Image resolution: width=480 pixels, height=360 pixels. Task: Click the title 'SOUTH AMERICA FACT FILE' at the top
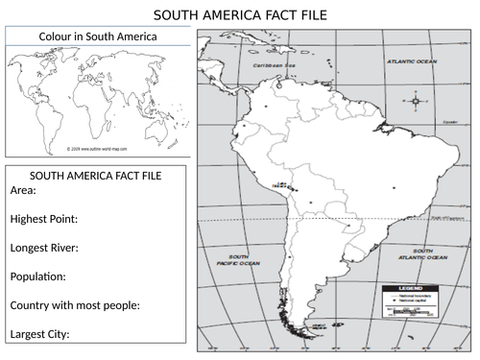[240, 15]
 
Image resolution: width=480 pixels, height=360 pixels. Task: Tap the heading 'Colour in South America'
[98, 36]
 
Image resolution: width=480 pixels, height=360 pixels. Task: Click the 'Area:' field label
[23, 190]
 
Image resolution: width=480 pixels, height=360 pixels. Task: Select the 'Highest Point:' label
[43, 219]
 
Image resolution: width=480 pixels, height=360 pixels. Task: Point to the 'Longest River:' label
[44, 248]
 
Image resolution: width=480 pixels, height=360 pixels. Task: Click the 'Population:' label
[37, 276]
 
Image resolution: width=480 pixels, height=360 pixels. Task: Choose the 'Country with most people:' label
[75, 305]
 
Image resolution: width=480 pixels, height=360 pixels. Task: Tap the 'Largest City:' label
[39, 334]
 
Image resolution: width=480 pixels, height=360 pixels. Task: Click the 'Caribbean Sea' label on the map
[270, 65]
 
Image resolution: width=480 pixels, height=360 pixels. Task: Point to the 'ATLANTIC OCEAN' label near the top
[411, 60]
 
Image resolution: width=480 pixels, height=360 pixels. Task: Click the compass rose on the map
[415, 101]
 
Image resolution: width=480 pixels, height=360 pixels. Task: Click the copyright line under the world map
[99, 150]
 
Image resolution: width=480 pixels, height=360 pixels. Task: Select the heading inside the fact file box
[96, 176]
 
